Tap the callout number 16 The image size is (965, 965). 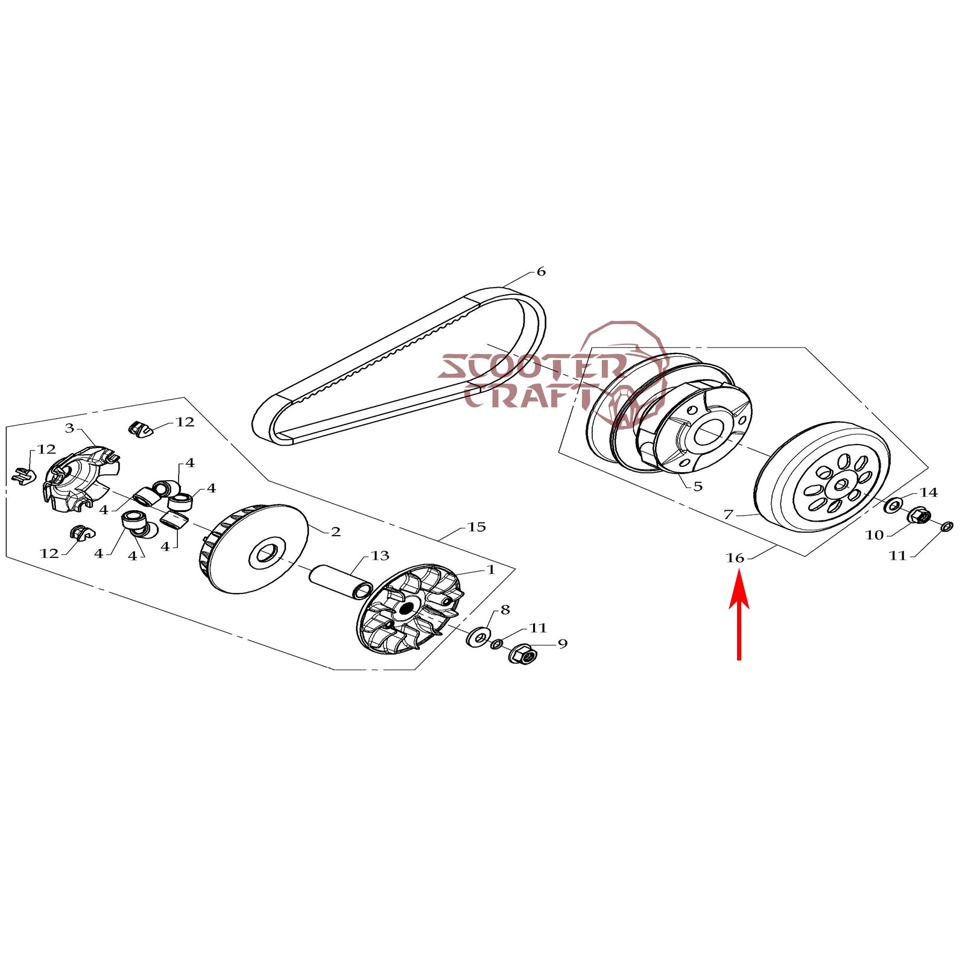coord(735,558)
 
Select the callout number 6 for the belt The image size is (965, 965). coord(541,271)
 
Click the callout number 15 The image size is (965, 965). coord(476,527)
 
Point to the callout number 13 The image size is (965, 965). coord(380,555)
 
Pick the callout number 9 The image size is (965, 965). coord(563,644)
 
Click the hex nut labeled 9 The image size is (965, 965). coord(522,654)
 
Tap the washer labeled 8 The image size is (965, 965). coord(478,637)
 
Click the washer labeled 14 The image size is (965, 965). coord(893,505)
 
